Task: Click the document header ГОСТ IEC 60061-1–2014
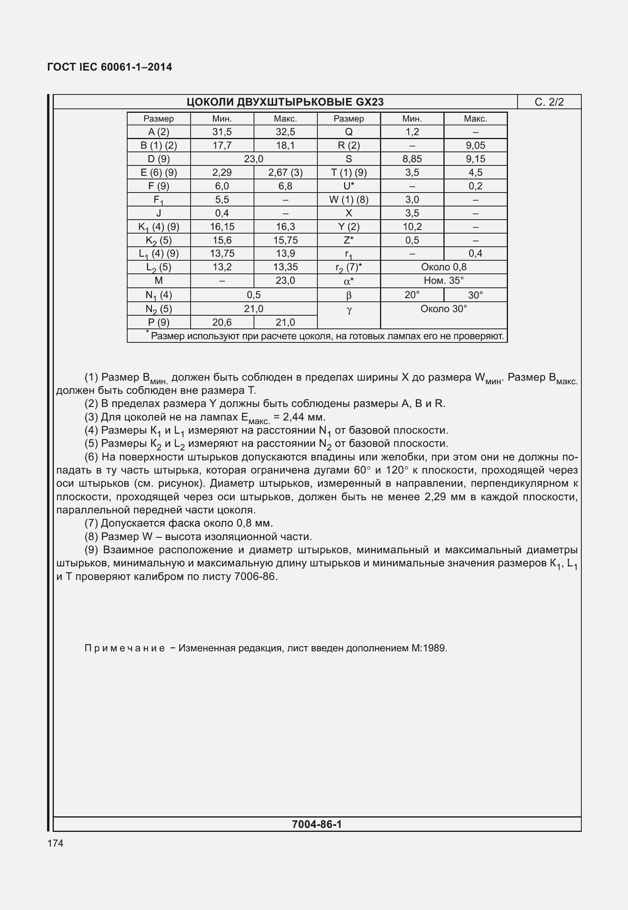(110, 67)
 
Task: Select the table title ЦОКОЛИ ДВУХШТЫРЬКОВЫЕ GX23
(285, 102)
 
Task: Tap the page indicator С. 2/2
(549, 102)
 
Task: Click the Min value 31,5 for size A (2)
(222, 132)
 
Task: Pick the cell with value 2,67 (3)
(285, 173)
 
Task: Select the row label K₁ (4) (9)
(159, 227)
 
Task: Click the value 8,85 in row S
(412, 159)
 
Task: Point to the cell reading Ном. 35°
(443, 281)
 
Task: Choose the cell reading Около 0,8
(443, 267)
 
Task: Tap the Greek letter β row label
(348, 295)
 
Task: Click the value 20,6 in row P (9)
(222, 322)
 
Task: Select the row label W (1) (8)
(348, 200)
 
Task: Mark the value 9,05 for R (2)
(475, 145)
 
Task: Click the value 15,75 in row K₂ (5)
(285, 240)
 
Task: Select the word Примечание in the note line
(124, 649)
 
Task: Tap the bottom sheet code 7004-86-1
(317, 824)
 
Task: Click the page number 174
(55, 843)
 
